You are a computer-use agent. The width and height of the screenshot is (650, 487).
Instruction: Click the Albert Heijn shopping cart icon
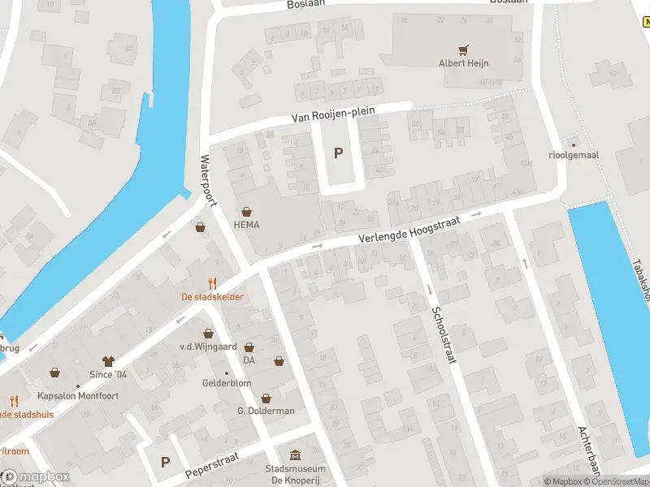[x=464, y=50]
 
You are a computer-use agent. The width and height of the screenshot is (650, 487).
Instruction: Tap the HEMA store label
[x=246, y=225]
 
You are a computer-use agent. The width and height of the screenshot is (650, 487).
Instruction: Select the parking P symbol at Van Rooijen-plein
[x=339, y=153]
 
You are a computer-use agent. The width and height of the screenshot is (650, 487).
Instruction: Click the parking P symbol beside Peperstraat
[x=166, y=462]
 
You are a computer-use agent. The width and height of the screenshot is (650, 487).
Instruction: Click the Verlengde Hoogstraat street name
[x=410, y=228]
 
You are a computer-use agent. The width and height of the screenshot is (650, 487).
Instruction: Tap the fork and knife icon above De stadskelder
[x=212, y=283]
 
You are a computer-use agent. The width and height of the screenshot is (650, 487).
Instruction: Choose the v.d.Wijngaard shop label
[x=208, y=347]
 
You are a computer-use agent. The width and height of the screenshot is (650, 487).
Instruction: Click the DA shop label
[x=249, y=360]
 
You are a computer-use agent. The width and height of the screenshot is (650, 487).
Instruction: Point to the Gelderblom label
[x=227, y=383]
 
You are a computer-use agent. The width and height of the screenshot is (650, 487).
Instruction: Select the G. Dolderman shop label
[x=266, y=411]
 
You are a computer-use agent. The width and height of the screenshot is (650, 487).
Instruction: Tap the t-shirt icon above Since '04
[x=107, y=360]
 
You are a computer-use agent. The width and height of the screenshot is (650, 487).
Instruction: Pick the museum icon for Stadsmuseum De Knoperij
[x=295, y=455]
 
